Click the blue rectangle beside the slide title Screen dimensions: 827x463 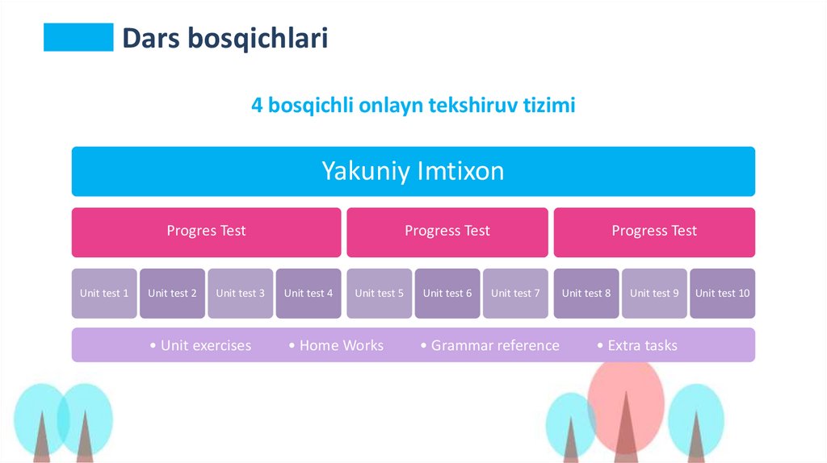[78, 37]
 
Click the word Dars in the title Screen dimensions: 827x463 [151, 38]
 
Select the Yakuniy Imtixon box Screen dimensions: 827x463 [413, 171]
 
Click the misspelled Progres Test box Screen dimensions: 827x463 [206, 232]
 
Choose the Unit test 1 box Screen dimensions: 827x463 [104, 294]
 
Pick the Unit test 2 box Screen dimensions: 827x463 [172, 294]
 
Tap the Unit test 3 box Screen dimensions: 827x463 [240, 294]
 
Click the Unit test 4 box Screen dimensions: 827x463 [308, 294]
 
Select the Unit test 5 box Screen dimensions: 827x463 [380, 294]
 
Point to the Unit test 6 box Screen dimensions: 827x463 [447, 294]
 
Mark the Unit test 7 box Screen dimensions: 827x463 [515, 294]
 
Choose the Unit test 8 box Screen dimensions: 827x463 [586, 294]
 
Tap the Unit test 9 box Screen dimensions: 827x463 [654, 294]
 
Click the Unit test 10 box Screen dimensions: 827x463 [723, 294]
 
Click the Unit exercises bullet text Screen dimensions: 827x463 [206, 345]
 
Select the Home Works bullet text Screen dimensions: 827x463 [342, 345]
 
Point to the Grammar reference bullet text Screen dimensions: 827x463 [495, 345]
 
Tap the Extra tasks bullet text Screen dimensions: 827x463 [642, 345]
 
